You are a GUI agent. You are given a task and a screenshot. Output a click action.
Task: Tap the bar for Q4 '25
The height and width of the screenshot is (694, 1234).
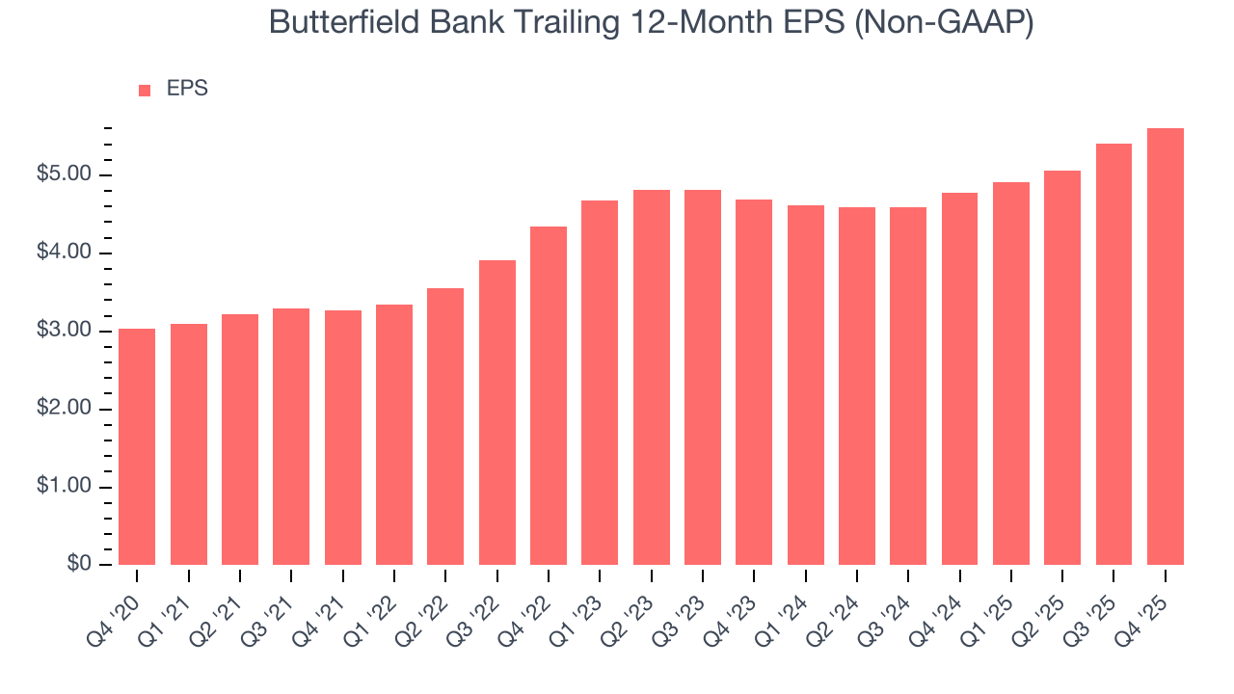1165,346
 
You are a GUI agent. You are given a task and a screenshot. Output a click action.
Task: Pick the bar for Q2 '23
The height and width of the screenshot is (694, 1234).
651,377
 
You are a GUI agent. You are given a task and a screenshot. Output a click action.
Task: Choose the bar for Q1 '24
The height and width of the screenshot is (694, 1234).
805,385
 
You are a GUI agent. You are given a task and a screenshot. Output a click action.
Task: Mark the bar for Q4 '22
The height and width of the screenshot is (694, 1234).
549,395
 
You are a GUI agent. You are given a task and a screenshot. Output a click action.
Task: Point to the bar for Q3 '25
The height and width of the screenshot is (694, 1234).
1113,354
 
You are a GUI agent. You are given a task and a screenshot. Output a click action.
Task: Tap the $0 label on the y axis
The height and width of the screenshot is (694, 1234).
80,565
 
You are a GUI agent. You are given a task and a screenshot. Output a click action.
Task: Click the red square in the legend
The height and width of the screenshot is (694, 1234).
145,90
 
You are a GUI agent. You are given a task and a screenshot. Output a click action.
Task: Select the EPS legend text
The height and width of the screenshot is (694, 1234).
187,89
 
